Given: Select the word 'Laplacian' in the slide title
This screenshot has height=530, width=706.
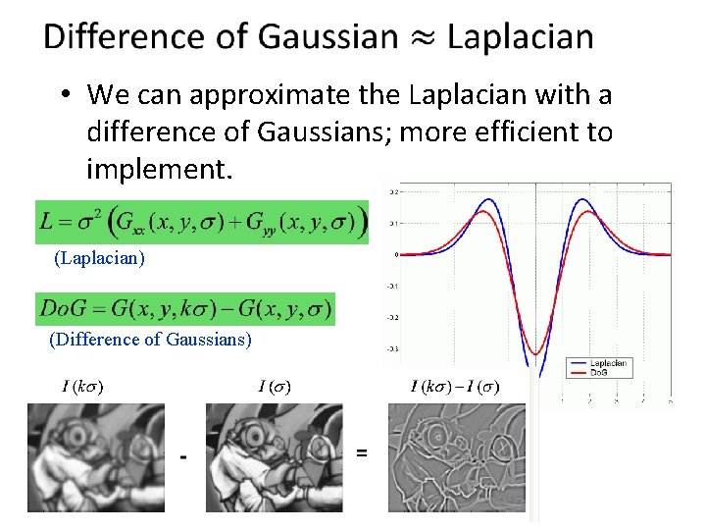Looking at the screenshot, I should pyautogui.click(x=522, y=37).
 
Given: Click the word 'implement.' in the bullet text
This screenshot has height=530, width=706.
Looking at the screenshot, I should pyautogui.click(x=160, y=170).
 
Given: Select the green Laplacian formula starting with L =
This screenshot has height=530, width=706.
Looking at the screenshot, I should pyautogui.click(x=201, y=224).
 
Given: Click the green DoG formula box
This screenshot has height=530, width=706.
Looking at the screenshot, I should pyautogui.click(x=184, y=308).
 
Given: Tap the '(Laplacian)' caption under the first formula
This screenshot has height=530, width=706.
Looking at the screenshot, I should pyautogui.click(x=99, y=259).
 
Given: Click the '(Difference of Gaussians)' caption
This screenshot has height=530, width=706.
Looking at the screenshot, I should pyautogui.click(x=150, y=340).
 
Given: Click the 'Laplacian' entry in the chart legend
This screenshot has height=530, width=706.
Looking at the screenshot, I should pyautogui.click(x=608, y=364).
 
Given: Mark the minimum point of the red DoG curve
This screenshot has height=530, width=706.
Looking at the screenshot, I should pyautogui.click(x=535, y=353).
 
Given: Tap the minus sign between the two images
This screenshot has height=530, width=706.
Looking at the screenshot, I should pyautogui.click(x=182, y=455).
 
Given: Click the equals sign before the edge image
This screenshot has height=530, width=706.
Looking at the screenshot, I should pyautogui.click(x=362, y=452).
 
